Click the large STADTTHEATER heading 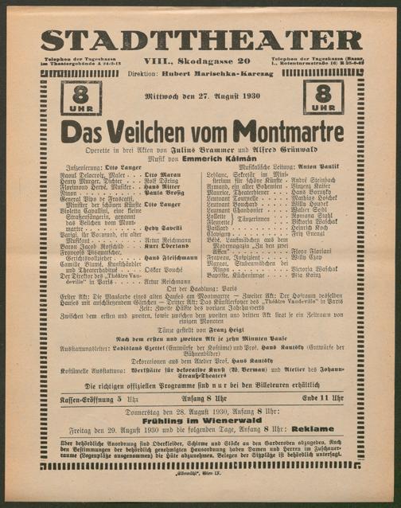coord(200,40)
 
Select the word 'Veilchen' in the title coord(151,131)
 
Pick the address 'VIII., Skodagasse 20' coord(200,61)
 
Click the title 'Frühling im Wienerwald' coord(200,401)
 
